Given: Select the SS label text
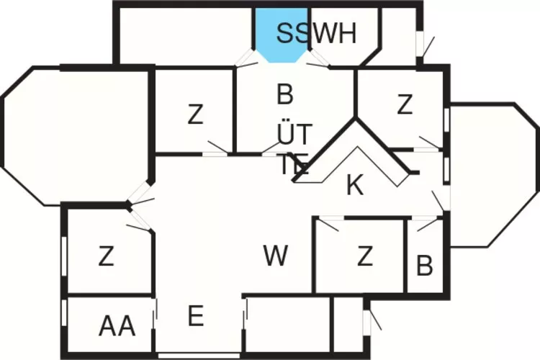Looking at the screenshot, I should (x=296, y=34).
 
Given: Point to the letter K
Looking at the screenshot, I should (x=354, y=185).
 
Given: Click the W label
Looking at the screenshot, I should (x=276, y=256).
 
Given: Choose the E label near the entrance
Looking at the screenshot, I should (x=196, y=315).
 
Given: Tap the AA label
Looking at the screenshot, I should (x=117, y=326).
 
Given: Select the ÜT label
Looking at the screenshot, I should (x=295, y=134).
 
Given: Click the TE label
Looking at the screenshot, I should (x=294, y=166).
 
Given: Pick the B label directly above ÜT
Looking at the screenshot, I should (x=285, y=94).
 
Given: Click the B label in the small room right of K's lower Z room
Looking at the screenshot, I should (x=425, y=266).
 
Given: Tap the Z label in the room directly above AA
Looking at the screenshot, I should (x=106, y=256).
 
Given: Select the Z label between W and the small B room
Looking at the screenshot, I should (x=365, y=256).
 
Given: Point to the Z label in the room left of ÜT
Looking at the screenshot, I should (x=195, y=114).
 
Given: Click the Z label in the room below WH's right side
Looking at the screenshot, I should (x=405, y=106).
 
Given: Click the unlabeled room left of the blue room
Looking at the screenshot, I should (x=185, y=36).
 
